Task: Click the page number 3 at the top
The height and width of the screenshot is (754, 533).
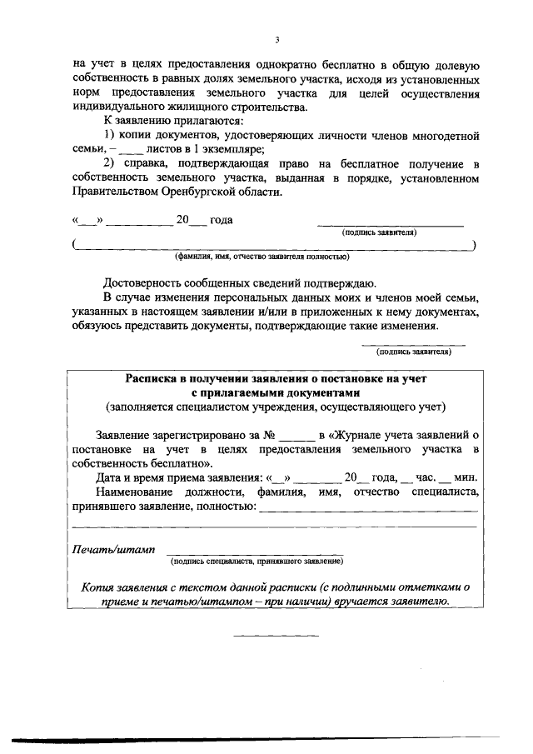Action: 276,39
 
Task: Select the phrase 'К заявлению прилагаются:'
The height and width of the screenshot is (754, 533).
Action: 162,120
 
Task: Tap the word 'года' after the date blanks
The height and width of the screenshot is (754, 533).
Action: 221,221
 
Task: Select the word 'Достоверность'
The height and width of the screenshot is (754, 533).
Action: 142,282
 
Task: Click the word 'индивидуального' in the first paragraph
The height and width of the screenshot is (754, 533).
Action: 121,106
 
